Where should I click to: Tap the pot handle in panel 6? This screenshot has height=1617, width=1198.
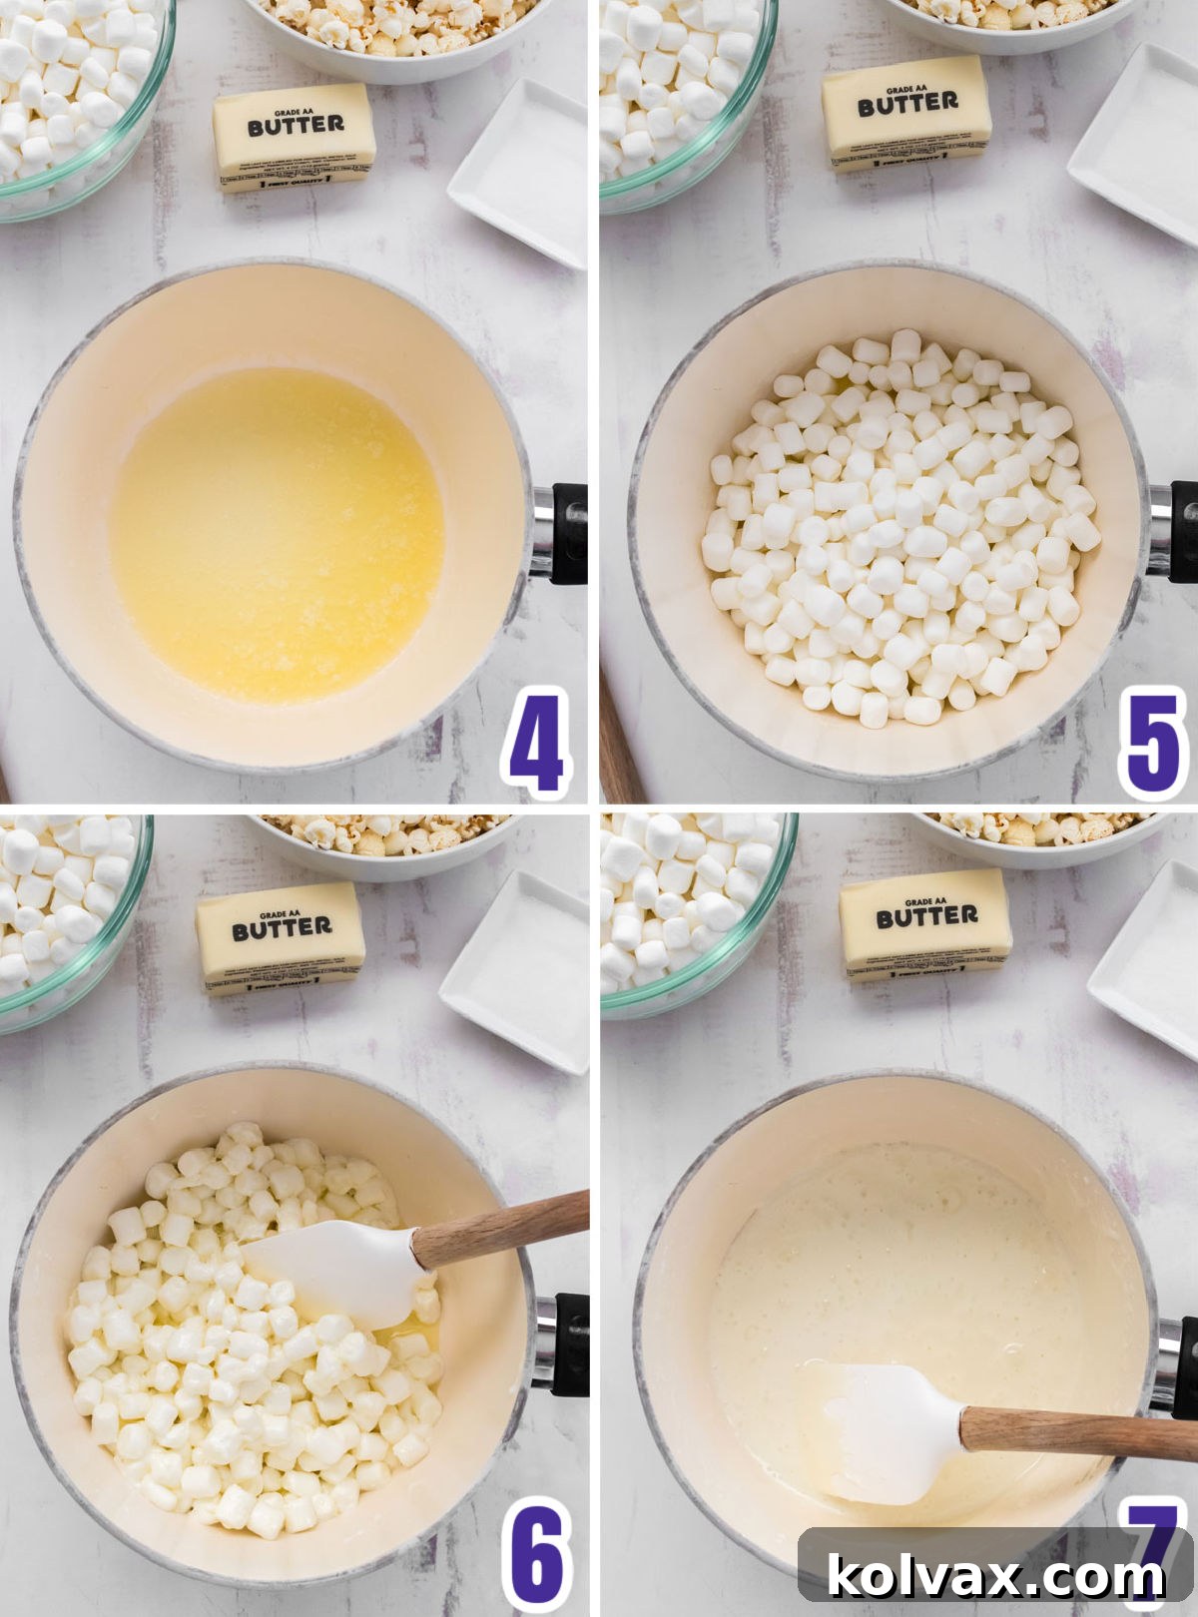click(x=567, y=1343)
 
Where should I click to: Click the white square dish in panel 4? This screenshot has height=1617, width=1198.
click(x=521, y=174)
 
